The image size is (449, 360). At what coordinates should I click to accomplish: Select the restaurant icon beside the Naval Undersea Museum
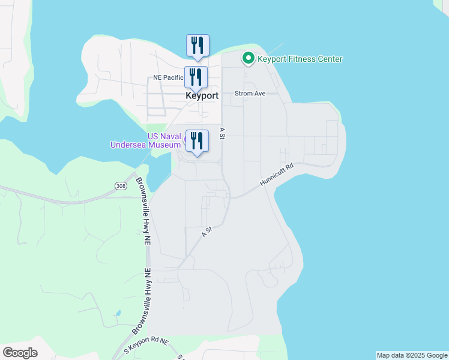(197, 141)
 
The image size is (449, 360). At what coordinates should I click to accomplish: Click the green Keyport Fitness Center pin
(247, 58)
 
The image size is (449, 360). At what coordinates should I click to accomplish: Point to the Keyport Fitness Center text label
(300, 59)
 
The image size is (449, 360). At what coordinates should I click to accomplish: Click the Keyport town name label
(201, 95)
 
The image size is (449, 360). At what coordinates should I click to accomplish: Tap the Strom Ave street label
(250, 94)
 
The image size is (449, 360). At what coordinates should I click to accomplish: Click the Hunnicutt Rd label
(276, 174)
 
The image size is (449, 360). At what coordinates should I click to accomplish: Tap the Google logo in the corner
(20, 353)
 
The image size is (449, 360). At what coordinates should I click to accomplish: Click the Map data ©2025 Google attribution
(412, 355)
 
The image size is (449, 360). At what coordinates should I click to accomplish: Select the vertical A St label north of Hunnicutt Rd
(221, 133)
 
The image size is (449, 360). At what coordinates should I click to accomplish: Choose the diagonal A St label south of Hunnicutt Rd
(208, 230)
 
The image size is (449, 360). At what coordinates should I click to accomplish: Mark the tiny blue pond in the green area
(118, 313)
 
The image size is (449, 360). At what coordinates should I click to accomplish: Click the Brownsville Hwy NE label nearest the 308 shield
(143, 211)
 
